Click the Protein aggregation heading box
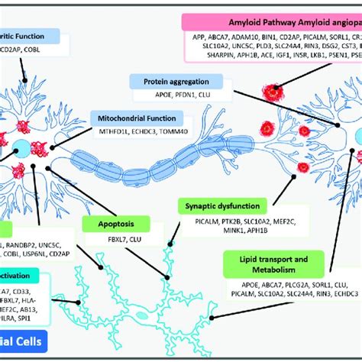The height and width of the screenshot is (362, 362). click(176, 81)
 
